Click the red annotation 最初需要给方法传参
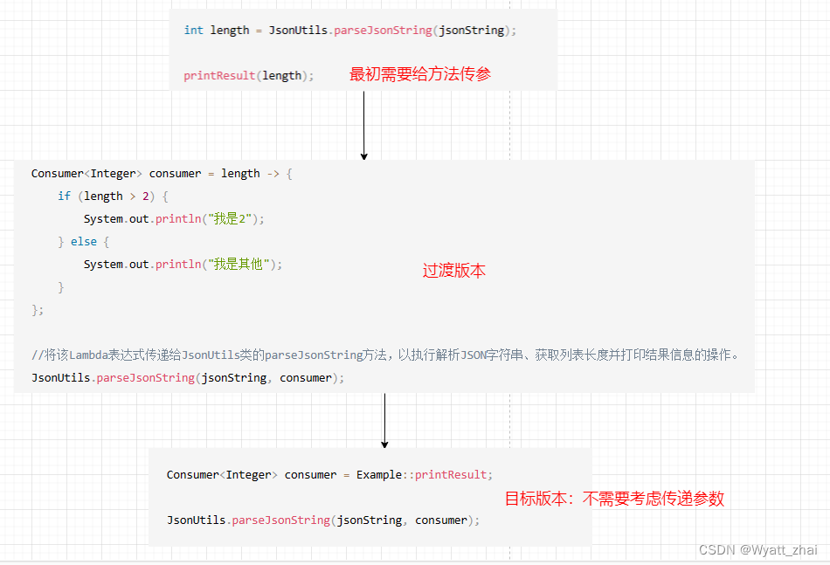(420, 74)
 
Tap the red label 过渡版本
(454, 271)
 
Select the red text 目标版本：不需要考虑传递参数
(614, 499)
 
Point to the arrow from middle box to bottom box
(384, 421)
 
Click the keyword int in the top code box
(193, 31)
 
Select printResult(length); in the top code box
(248, 76)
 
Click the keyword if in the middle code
(64, 196)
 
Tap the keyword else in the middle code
(84, 242)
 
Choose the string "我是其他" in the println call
(241, 265)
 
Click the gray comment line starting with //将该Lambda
(385, 355)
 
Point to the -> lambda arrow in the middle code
(272, 174)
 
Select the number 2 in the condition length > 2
(146, 196)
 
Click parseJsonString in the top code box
(384, 31)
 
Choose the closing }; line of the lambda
(38, 310)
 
